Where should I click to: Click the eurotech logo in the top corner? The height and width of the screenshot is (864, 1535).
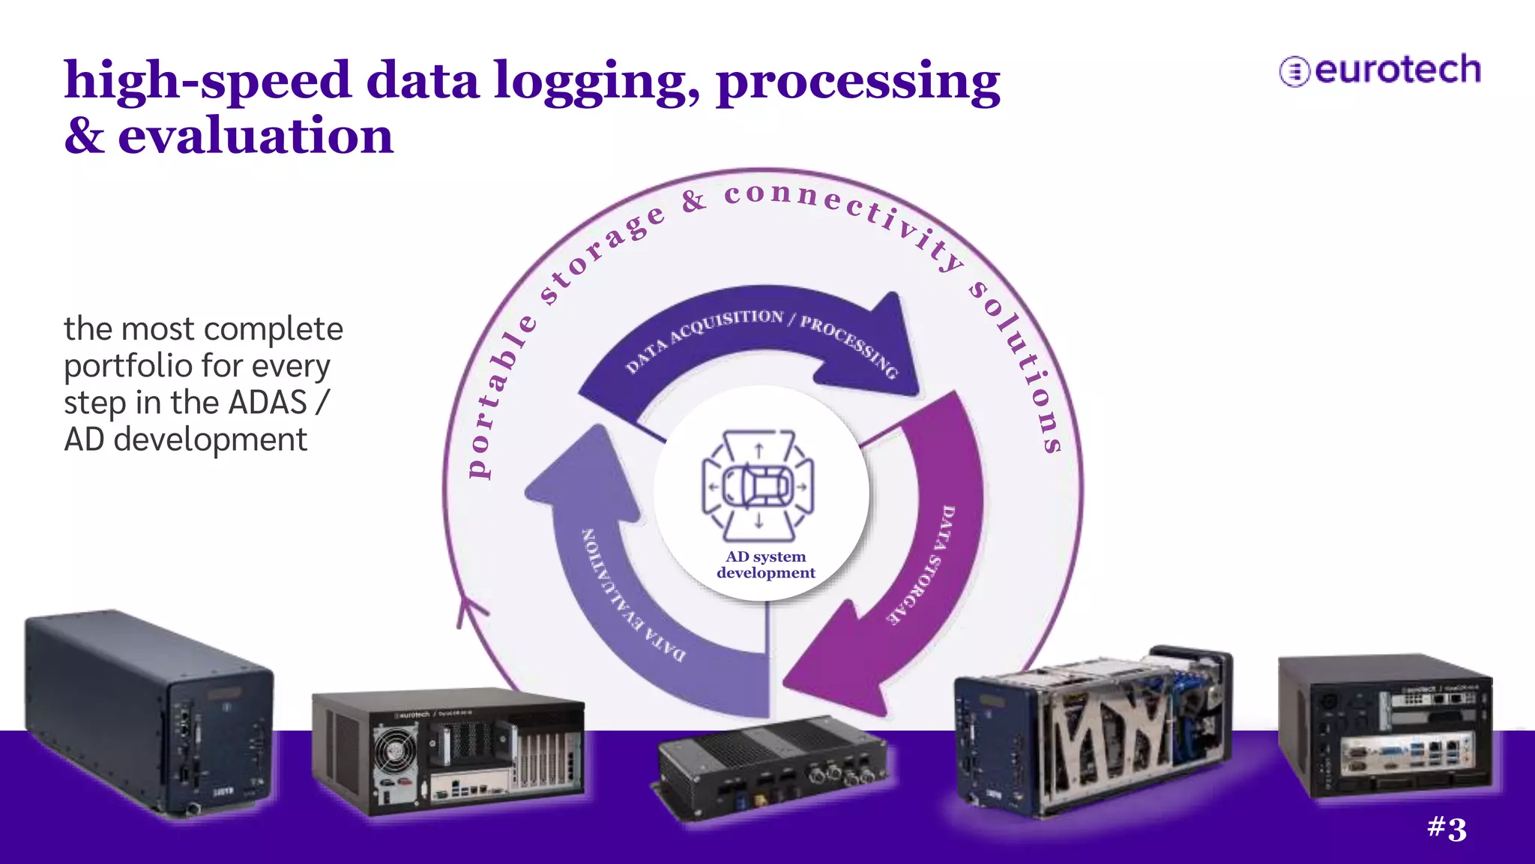tap(1380, 70)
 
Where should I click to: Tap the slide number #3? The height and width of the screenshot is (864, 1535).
tap(1447, 829)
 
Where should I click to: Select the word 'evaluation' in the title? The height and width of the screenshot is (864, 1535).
tap(255, 136)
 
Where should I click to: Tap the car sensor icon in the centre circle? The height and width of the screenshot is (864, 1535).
tap(758, 485)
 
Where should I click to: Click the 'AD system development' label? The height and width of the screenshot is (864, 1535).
tap(765, 565)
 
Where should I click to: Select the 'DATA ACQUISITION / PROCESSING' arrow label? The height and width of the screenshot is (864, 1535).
tap(761, 337)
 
